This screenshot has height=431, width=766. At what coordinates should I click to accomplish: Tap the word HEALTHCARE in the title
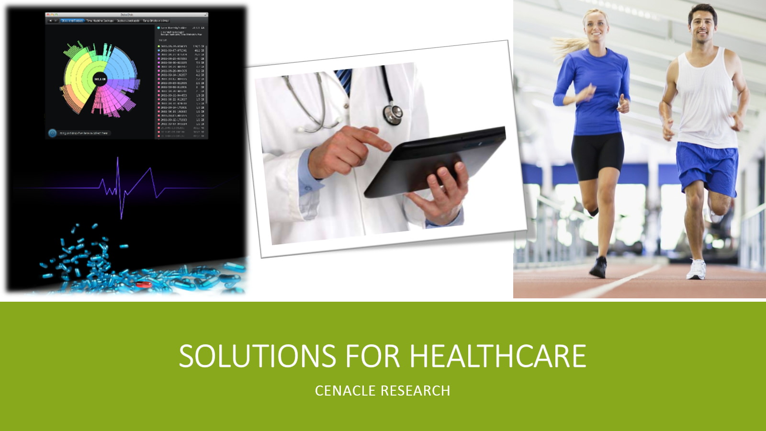(497, 356)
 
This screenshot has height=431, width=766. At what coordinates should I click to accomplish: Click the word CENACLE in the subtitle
(345, 391)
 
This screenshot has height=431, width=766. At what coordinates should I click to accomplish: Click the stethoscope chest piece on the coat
(393, 114)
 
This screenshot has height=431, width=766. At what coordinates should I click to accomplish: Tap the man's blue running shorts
(706, 168)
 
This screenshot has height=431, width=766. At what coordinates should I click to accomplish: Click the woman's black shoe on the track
(598, 267)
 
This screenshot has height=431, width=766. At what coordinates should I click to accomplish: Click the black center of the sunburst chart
(100, 79)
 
